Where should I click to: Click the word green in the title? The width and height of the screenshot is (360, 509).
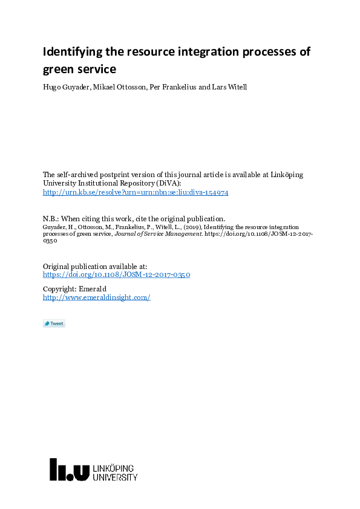pyautogui.click(x=58, y=70)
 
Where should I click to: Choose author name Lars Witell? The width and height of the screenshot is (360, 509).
pyautogui.click(x=229, y=87)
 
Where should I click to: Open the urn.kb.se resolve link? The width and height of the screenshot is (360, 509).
pyautogui.click(x=136, y=192)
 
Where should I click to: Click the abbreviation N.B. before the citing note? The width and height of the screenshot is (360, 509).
pyautogui.click(x=50, y=219)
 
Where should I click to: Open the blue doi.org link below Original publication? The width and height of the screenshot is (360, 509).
pyautogui.click(x=116, y=274)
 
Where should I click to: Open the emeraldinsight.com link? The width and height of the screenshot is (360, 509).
pyautogui.click(x=96, y=297)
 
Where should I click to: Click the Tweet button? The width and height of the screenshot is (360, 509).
pyautogui.click(x=54, y=323)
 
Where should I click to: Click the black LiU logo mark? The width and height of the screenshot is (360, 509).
pyautogui.click(x=69, y=470)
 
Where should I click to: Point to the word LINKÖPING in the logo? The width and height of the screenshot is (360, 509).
pyautogui.click(x=114, y=468)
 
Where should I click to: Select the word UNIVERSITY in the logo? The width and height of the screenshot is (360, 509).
pyautogui.click(x=115, y=478)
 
